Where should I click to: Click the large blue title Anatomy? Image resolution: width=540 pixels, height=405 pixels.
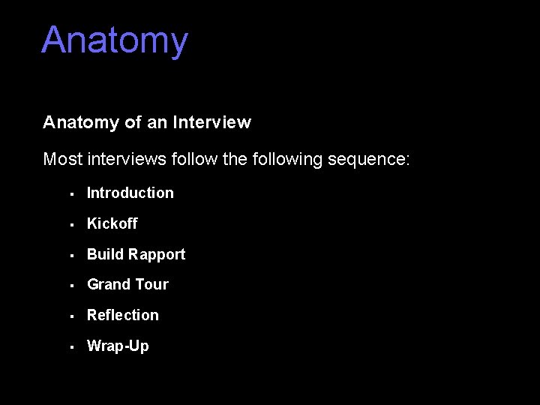point(115,41)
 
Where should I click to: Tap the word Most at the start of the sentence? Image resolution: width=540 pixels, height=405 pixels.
point(63,159)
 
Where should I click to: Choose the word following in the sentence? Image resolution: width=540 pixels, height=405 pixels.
point(288,159)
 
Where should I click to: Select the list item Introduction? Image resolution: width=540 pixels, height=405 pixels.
point(130,193)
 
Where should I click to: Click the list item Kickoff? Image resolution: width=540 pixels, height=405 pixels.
point(112,223)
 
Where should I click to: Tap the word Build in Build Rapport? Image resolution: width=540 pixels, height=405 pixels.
point(105,254)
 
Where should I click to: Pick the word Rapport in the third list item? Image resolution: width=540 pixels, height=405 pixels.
point(156,254)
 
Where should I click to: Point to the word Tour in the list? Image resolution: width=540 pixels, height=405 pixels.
point(151,284)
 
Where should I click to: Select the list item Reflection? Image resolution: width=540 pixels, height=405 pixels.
point(122,315)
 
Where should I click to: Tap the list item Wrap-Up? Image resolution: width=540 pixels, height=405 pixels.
point(118,346)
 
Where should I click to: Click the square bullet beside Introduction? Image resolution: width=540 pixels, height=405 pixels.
point(69,193)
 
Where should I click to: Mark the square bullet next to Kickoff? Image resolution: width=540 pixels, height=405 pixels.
point(69,224)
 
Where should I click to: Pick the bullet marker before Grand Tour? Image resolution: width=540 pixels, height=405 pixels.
point(69,285)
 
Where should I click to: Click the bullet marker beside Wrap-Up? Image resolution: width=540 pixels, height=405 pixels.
point(69,346)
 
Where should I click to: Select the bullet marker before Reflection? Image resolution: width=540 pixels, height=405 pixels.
point(69,316)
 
